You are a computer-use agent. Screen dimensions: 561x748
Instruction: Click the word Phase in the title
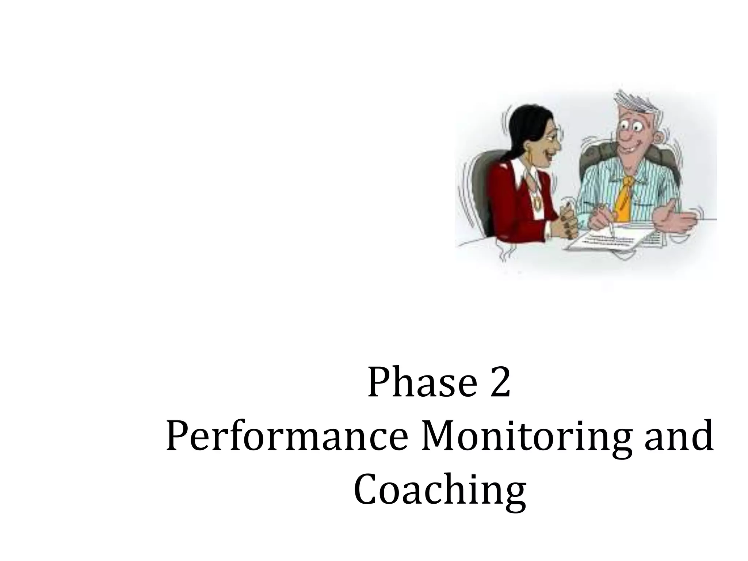[x=422, y=383]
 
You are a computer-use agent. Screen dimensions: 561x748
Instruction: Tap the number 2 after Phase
[x=500, y=383]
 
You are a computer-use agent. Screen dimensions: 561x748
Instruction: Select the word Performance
[x=286, y=436]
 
